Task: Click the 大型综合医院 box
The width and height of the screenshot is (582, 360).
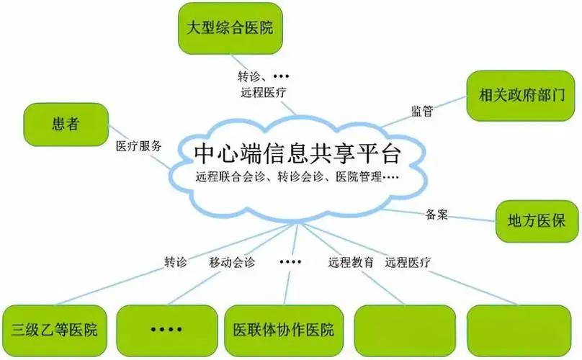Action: pyautogui.click(x=230, y=29)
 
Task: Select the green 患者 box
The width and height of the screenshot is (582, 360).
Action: pyautogui.click(x=65, y=125)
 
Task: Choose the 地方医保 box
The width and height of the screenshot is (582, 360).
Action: pyautogui.click(x=538, y=220)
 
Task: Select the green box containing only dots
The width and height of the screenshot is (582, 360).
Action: pyautogui.click(x=166, y=330)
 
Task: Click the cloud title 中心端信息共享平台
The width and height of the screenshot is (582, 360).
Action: pyautogui.click(x=296, y=154)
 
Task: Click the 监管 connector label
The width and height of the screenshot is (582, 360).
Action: pyautogui.click(x=423, y=111)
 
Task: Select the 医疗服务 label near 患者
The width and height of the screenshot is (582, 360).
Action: pyautogui.click(x=139, y=145)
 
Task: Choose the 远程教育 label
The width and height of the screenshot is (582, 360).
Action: pyautogui.click(x=351, y=263)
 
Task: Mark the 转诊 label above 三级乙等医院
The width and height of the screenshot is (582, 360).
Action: pyautogui.click(x=176, y=263)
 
